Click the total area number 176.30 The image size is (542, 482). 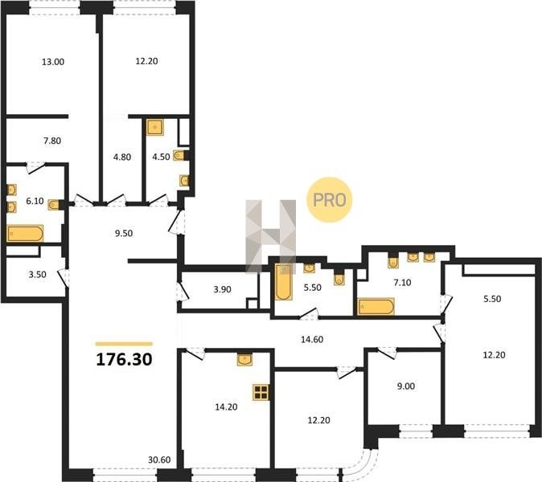(x=124, y=359)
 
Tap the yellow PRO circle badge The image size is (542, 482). (x=329, y=199)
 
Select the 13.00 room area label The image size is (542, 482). (x=53, y=62)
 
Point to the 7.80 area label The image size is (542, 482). (x=52, y=141)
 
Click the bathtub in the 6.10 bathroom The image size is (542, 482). (x=25, y=234)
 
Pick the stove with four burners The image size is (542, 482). (x=261, y=392)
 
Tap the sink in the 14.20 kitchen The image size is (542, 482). (x=244, y=359)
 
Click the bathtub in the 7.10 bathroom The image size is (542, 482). (x=376, y=306)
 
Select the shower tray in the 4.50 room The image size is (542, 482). (x=155, y=128)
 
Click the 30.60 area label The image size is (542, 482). (x=159, y=460)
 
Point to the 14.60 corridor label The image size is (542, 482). (x=312, y=339)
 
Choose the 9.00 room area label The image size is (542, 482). (x=406, y=386)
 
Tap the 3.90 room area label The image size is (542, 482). (x=222, y=289)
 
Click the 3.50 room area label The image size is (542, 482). (x=37, y=275)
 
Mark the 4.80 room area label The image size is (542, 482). (x=122, y=157)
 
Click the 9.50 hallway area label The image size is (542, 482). (x=124, y=234)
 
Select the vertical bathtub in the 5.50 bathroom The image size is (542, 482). (x=283, y=281)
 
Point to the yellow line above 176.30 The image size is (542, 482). (x=124, y=344)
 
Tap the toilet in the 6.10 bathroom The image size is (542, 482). (x=54, y=205)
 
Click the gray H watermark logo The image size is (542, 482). (x=271, y=237)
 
